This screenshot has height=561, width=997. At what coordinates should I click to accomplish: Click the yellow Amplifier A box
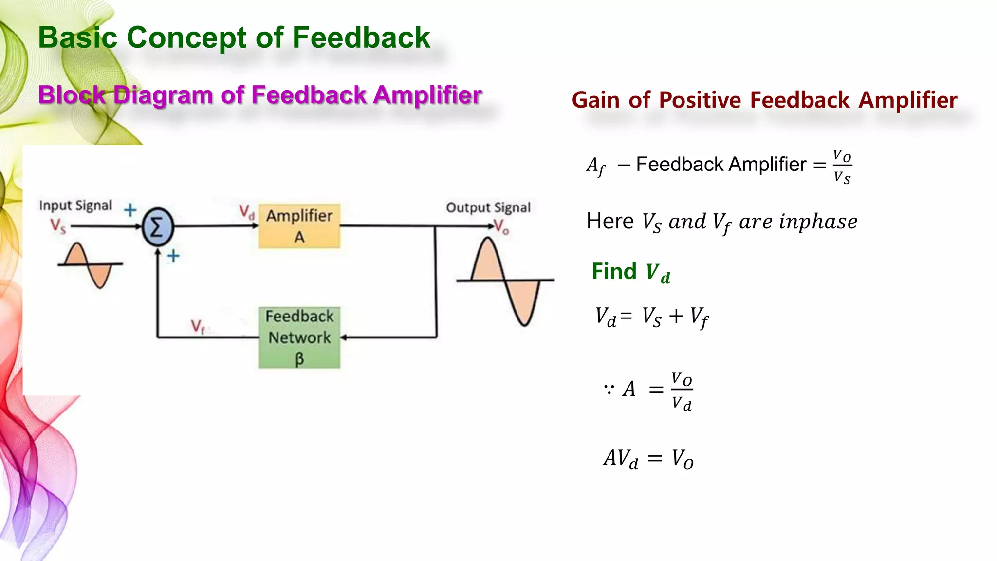coord(299,226)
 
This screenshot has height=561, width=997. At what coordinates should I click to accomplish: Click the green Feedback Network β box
coord(299,337)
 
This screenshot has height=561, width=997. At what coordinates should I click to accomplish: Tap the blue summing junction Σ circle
coord(157,226)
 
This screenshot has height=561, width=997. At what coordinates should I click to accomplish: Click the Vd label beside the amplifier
coord(246,212)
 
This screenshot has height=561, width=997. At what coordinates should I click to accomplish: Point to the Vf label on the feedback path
coord(197,326)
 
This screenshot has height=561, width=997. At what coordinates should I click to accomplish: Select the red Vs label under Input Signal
coord(57,226)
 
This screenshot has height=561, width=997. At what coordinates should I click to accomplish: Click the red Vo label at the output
coord(501,226)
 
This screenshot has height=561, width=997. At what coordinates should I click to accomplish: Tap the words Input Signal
coord(75,206)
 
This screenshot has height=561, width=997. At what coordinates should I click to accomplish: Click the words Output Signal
coord(488,207)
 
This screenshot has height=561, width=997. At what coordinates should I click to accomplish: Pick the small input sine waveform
coord(90,264)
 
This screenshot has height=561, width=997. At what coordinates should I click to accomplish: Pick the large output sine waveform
coord(505,281)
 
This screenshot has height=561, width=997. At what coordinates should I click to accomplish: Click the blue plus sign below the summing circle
coord(173,256)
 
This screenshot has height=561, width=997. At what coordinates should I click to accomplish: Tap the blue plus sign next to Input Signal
coord(130,210)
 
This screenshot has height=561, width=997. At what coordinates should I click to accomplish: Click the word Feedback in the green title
coord(361,37)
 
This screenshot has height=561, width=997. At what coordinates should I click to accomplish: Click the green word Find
coord(614,271)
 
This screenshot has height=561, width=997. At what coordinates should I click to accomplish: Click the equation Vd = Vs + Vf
coord(651,317)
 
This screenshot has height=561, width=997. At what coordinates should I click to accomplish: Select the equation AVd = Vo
coord(648,458)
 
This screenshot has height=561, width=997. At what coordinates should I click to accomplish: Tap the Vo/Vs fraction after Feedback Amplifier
coord(842,167)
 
